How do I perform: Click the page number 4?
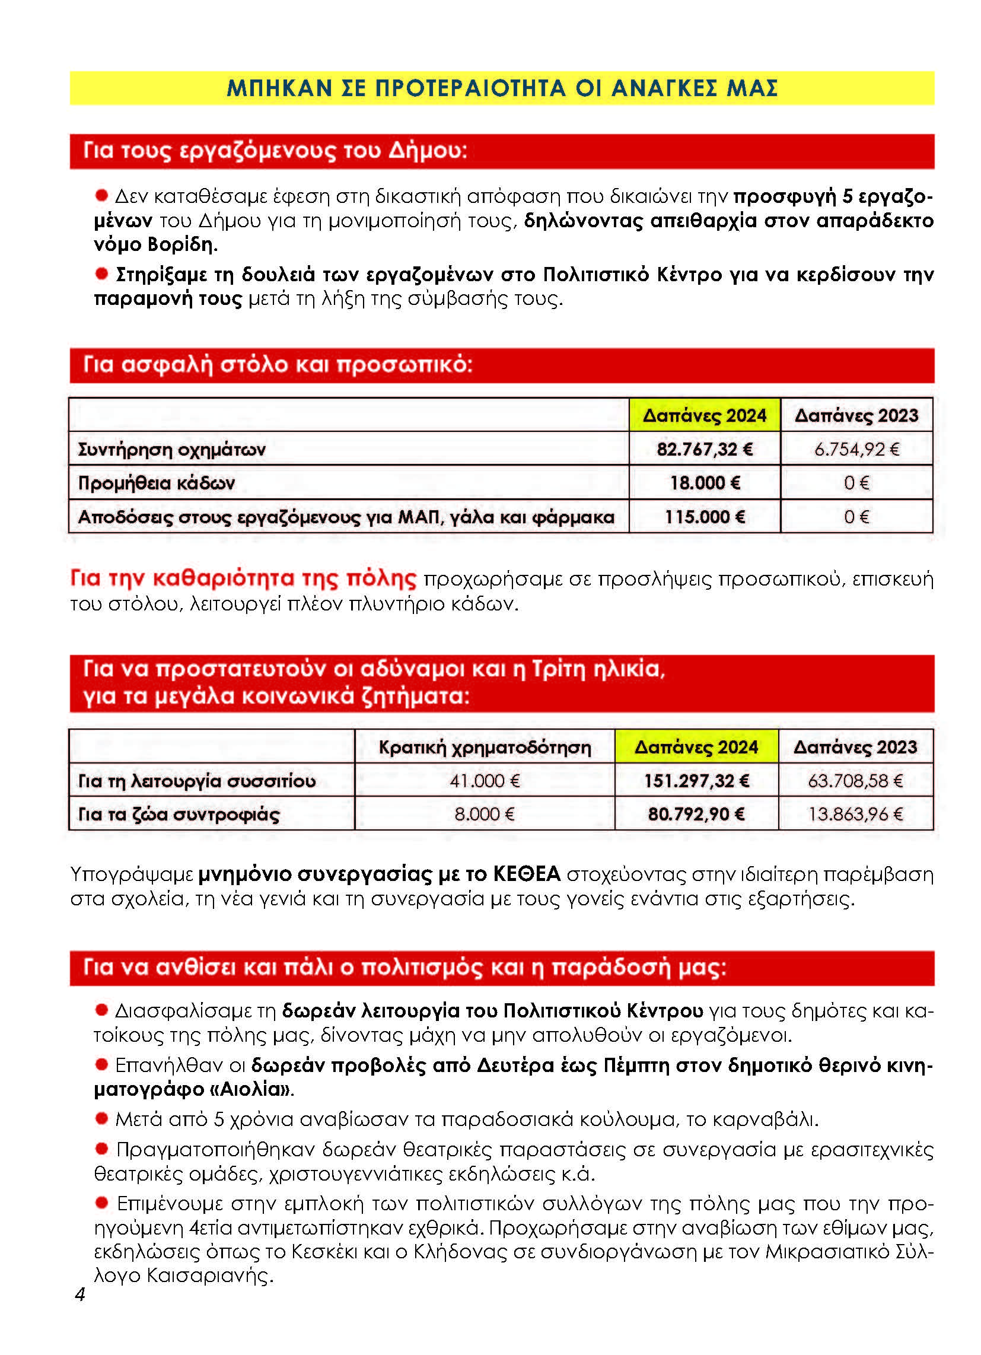pos(79,1294)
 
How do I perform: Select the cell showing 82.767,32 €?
pos(705,449)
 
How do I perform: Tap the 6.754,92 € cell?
pos(856,449)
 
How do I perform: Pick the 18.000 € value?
pos(705,482)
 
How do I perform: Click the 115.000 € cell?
pos(705,516)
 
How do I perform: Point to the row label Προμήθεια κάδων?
pos(157,483)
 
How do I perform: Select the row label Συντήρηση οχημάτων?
pos(171,449)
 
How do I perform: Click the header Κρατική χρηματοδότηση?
pos(485,747)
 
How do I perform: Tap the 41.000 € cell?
pos(485,780)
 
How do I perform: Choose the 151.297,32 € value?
pos(696,780)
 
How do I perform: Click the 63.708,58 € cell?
pos(855,780)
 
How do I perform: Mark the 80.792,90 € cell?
pos(696,814)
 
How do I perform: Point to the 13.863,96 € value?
pos(855,814)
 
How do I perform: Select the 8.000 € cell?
pos(485,814)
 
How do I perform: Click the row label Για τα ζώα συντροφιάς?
pos(179,815)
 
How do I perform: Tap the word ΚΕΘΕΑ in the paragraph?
pos(526,874)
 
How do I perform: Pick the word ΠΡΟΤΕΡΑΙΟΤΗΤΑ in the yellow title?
pos(470,88)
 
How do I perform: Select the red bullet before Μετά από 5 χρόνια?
pos(101,1117)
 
